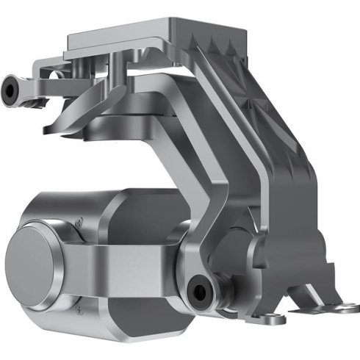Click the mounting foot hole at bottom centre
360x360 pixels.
[269, 317]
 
